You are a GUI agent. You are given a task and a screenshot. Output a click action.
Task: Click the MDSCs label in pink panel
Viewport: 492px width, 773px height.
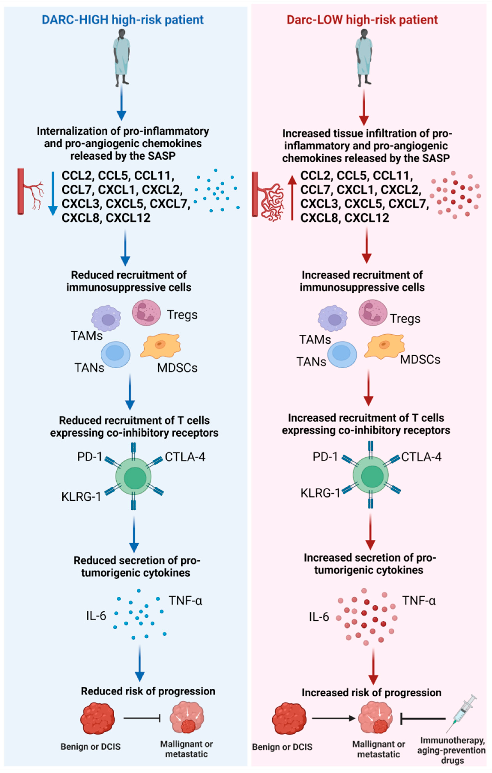pos(420,359)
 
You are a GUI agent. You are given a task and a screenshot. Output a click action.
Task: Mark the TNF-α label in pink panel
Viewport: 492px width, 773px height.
pos(419,600)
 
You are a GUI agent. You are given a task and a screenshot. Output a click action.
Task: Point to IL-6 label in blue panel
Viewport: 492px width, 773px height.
pos(96,615)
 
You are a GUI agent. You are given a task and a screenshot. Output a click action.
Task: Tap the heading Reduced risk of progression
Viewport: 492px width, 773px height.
pos(148,691)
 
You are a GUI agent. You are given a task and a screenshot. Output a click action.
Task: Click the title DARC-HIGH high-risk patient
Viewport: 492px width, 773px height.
pos(123,20)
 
